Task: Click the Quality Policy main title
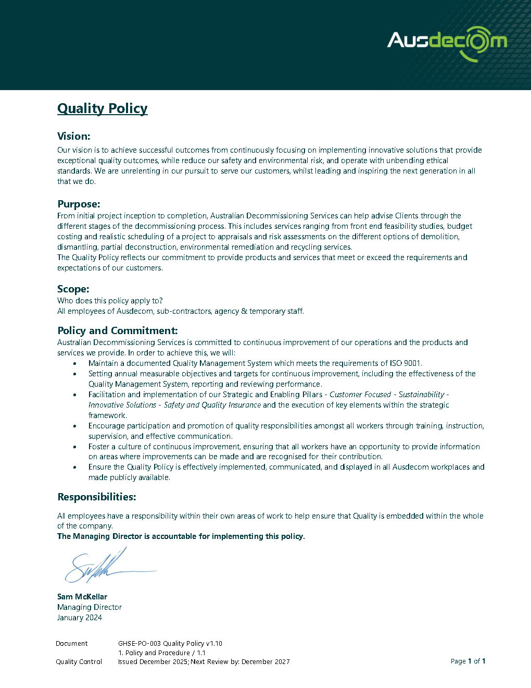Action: [102, 108]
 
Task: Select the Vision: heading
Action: [74, 137]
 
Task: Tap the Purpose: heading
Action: [79, 204]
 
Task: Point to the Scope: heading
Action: [73, 289]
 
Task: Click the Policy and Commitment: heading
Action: [117, 331]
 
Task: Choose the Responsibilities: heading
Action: [96, 497]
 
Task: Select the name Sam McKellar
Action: [82, 597]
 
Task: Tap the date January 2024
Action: [80, 618]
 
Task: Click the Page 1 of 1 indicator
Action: [467, 661]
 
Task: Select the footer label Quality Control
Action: [79, 662]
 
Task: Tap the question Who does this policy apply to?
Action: [110, 301]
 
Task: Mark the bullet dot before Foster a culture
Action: [76, 447]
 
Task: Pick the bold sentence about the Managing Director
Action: [181, 536]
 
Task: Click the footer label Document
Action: [72, 644]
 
